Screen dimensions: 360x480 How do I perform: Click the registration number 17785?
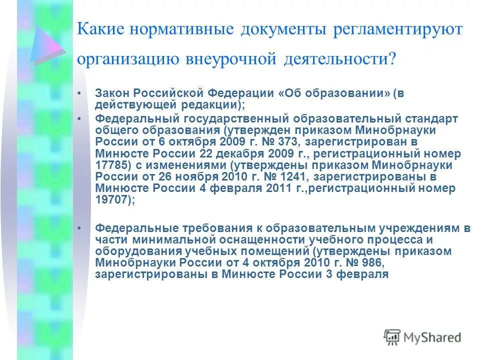[110, 165]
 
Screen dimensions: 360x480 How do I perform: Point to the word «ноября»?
[189, 176]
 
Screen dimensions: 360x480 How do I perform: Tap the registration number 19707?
[110, 199]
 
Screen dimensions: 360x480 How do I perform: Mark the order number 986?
[368, 262]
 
